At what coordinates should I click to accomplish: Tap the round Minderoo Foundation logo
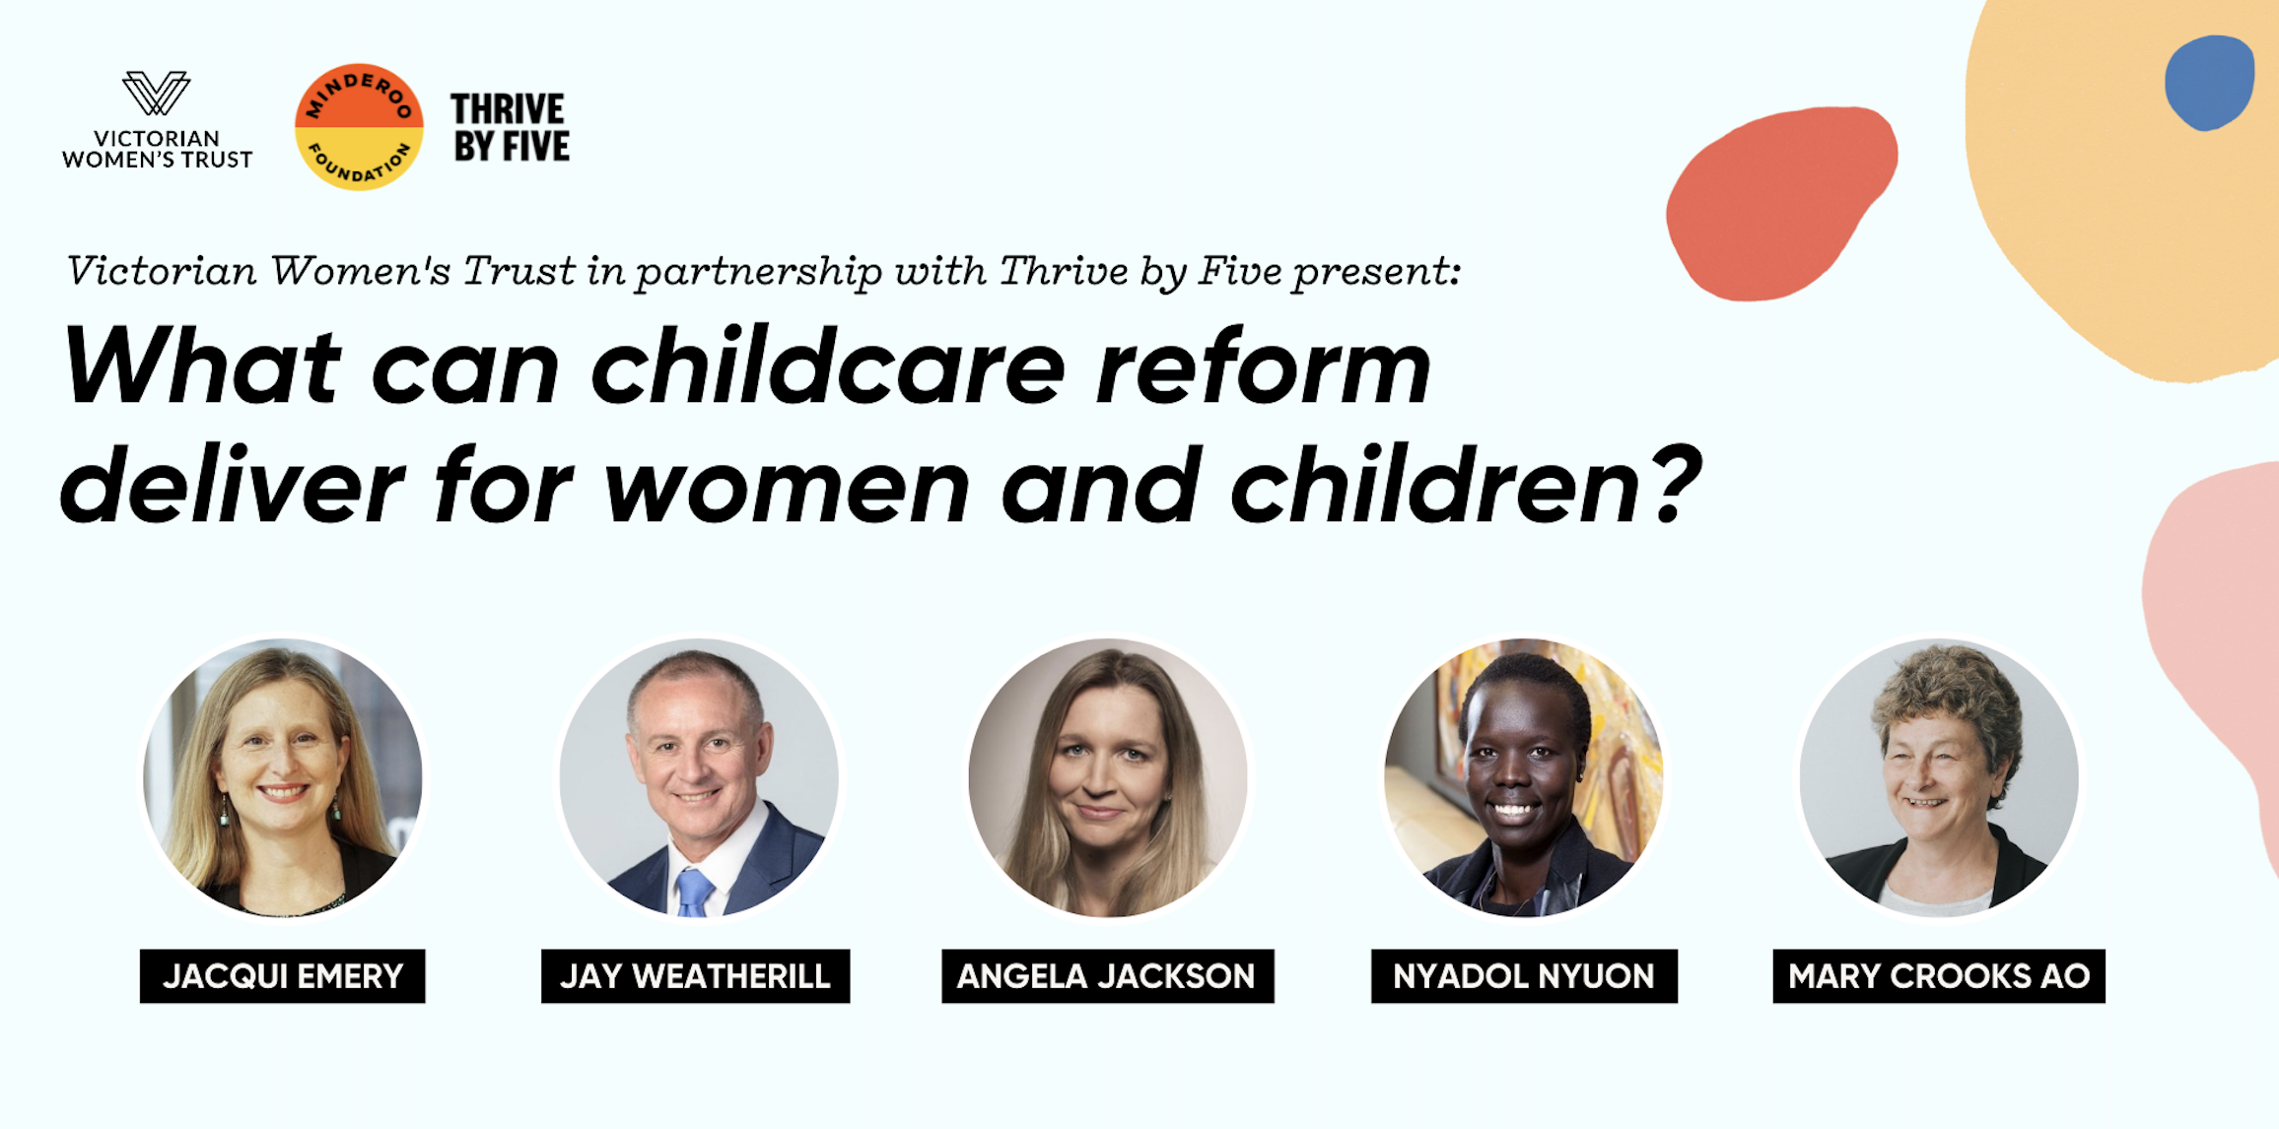coord(359,127)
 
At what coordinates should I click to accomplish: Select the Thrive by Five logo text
coord(511,127)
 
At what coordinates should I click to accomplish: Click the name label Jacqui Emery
coord(282,975)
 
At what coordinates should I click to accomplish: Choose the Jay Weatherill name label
coord(695,975)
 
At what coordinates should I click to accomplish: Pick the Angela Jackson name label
coord(1107,975)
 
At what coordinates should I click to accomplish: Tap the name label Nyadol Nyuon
coord(1523,975)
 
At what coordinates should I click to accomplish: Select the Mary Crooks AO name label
coord(1938,975)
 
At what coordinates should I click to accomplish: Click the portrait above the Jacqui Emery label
coord(283,777)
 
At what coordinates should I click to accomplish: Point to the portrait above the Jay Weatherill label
coord(699,777)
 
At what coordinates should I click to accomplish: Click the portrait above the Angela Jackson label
coord(1108,777)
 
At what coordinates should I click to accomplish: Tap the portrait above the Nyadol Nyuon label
coord(1523,777)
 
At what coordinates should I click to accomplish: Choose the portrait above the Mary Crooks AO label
coord(1939,777)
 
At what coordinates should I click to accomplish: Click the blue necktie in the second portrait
coord(694,892)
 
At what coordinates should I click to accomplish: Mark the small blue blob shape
coord(2209,82)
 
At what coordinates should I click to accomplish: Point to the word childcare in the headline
coord(828,366)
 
